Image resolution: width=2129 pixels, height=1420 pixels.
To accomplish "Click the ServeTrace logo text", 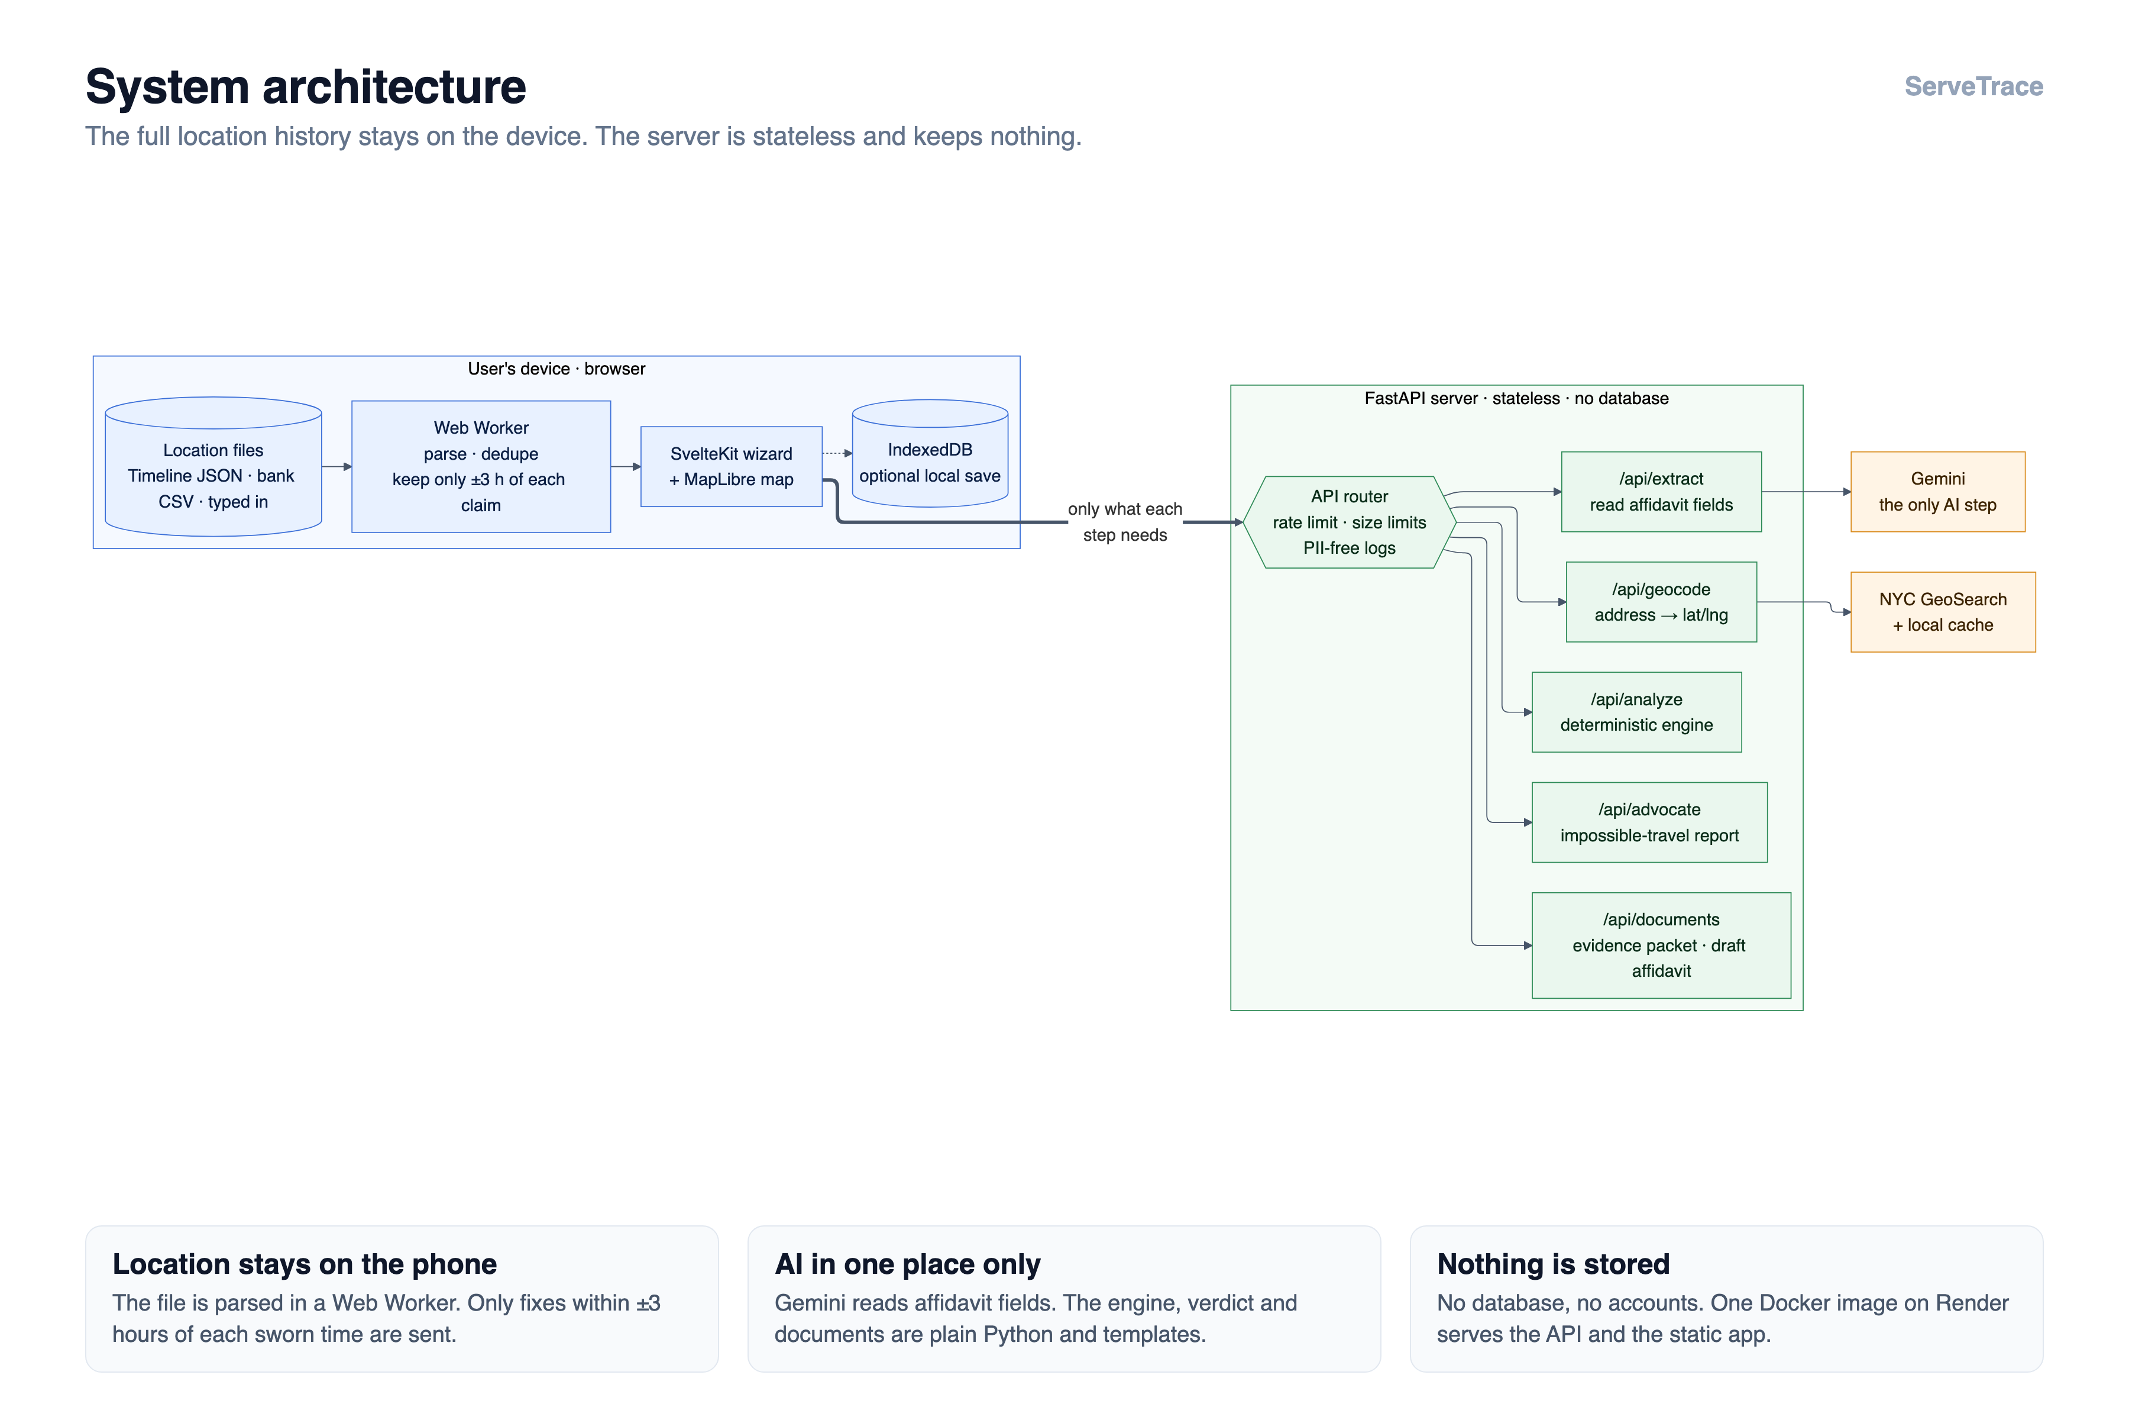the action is coord(1973,86).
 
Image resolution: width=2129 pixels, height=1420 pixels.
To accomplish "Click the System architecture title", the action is coord(305,87).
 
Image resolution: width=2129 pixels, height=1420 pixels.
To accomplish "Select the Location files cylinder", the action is coord(213,466).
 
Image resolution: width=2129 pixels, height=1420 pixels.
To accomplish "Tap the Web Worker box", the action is coord(481,466).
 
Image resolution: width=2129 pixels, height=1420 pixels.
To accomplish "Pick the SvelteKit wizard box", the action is coord(732,466).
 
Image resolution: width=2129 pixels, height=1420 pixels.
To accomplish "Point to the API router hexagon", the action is coord(1349,522).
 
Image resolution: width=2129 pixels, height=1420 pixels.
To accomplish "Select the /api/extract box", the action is coord(1661,492).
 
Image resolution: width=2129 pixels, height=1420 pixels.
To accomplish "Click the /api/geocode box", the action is coord(1661,602).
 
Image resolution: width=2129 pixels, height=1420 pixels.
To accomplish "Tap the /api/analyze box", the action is coord(1636,712).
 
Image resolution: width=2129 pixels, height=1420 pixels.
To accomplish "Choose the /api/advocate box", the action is coord(1649,822).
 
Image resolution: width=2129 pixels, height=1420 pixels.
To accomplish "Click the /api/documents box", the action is coord(1661,945).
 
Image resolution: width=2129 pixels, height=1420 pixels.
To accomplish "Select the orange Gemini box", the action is coord(1938,492).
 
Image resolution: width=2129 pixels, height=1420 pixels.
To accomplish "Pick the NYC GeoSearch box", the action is coord(1943,612).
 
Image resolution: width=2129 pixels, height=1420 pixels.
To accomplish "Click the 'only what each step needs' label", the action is coord(1125,522).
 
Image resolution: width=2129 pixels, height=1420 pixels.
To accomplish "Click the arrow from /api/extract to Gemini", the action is coord(1806,492).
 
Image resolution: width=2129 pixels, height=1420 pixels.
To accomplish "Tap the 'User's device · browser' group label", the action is coord(556,369).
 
